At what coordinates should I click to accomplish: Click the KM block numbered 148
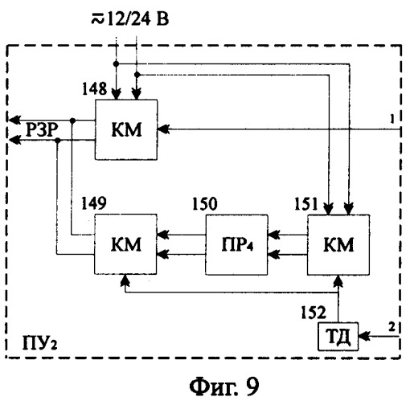[x=126, y=130]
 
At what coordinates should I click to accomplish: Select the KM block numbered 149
[x=125, y=244]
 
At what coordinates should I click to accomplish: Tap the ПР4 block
[x=237, y=245]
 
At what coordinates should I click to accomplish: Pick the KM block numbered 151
[x=338, y=245]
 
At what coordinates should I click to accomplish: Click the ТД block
[x=338, y=337]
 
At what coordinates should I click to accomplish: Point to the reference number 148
[x=94, y=88]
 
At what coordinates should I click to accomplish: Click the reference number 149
[x=94, y=203]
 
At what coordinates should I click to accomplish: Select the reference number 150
[x=205, y=204]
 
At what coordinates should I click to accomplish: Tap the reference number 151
[x=306, y=204]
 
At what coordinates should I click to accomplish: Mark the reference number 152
[x=314, y=313]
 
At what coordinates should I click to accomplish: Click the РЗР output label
[x=42, y=130]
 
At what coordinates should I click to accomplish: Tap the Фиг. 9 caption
[x=224, y=387]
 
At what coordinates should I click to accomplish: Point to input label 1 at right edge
[x=392, y=119]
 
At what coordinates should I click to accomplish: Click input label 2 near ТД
[x=392, y=327]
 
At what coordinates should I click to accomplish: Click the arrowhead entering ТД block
[x=363, y=336]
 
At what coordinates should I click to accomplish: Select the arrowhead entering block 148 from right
[x=163, y=129]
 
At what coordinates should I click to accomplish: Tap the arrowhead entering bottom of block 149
[x=125, y=280]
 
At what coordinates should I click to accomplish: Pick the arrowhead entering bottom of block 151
[x=338, y=281]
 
